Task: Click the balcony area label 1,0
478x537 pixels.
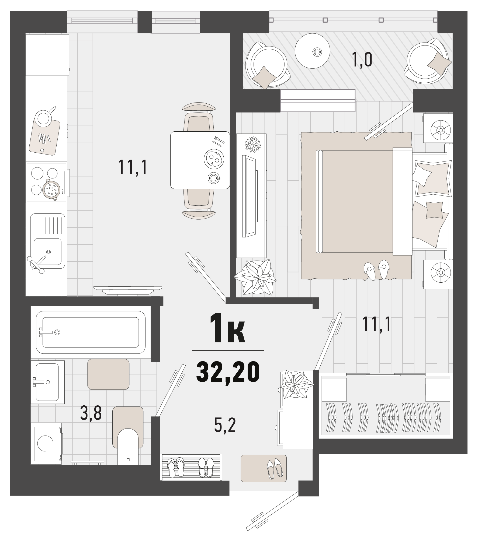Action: point(362,60)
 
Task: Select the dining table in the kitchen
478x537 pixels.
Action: point(200,160)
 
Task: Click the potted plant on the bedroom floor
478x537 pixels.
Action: point(255,277)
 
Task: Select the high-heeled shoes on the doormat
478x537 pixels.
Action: point(274,469)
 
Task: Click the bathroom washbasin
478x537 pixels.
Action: point(47,382)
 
